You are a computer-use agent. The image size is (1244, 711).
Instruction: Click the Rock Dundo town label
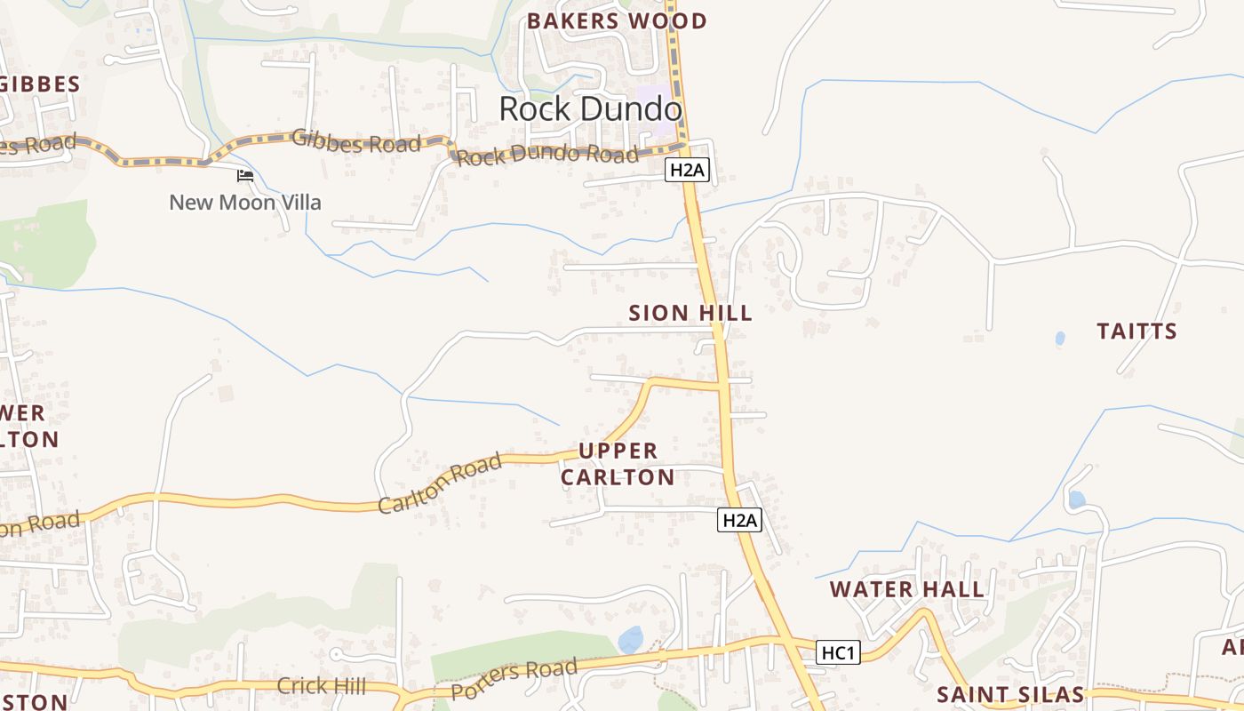590,109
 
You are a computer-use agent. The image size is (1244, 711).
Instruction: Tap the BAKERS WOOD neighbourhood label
617,21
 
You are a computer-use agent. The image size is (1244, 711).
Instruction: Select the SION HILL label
690,313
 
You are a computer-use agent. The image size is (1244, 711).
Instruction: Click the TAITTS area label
1136,332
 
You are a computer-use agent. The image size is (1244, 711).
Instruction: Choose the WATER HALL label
906,589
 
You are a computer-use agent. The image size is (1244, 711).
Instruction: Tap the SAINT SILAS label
1010,694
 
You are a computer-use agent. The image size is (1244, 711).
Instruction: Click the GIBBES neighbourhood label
40,84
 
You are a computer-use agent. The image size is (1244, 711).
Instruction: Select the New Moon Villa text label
245,203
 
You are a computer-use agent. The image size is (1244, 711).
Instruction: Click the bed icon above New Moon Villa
245,176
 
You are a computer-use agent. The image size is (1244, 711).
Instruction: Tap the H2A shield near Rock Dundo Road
688,170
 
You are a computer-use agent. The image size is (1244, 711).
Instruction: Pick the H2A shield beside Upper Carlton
739,521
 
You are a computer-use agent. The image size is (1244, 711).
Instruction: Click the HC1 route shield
838,653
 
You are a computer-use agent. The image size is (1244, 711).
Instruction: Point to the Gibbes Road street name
355,141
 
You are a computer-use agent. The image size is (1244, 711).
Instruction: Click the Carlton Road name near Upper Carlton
440,484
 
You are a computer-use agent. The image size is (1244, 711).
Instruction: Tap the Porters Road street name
514,679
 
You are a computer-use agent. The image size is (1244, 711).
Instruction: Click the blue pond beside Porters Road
630,639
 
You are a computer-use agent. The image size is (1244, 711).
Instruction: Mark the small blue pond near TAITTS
1059,339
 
